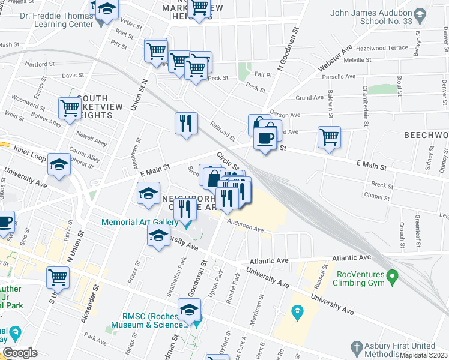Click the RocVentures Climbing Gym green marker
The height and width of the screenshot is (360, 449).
tap(393, 278)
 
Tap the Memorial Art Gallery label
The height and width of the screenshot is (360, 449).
tap(140, 222)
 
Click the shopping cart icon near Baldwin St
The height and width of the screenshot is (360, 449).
tap(329, 137)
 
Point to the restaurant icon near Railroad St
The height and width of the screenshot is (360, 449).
tap(186, 123)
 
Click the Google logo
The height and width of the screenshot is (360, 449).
tap(20, 353)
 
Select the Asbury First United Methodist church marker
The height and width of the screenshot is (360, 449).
tap(356, 347)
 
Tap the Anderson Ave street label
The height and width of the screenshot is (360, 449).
tap(246, 226)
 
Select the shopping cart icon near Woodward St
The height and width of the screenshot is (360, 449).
tap(70, 109)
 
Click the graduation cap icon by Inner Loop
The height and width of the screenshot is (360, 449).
tap(59, 165)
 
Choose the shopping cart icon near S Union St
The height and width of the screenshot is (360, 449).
tap(58, 278)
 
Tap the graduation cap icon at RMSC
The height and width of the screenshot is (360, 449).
tap(190, 311)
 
